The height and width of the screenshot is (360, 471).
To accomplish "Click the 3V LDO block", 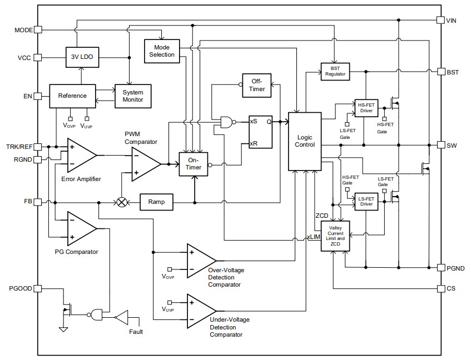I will tap(81, 57).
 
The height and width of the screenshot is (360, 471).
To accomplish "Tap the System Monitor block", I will tap(132, 96).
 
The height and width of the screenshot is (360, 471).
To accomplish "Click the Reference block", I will tap(72, 96).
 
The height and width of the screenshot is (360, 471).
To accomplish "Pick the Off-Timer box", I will tap(257, 84).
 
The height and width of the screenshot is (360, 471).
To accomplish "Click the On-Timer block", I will tap(193, 164).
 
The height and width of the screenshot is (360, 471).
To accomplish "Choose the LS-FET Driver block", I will tap(365, 201).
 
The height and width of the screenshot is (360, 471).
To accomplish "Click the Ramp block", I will tap(156, 202).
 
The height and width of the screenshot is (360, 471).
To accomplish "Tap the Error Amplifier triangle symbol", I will tap(81, 155).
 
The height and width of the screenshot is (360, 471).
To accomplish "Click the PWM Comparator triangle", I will tap(146, 164).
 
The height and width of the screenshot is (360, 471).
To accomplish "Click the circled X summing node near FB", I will tap(122, 202).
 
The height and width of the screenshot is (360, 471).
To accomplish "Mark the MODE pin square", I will tap(38, 30).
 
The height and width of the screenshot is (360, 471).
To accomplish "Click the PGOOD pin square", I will tap(38, 288).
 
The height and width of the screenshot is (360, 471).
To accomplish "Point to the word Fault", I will tap(135, 332).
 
